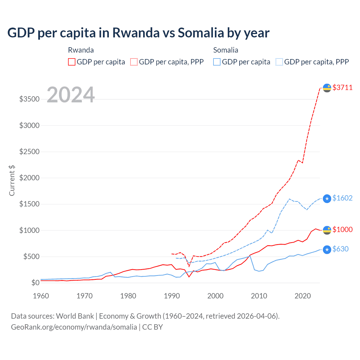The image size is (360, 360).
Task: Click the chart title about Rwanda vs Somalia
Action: pyautogui.click(x=138, y=33)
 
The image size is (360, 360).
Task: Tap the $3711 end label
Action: pyautogui.click(x=342, y=87)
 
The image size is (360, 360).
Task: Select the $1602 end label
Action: pyautogui.click(x=342, y=198)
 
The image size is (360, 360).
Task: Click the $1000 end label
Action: pyautogui.click(x=342, y=229)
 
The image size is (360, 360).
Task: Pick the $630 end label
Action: pyautogui.click(x=340, y=249)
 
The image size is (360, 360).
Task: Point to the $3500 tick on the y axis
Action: pyautogui.click(x=29, y=99)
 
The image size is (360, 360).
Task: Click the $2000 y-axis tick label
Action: pyautogui.click(x=29, y=178)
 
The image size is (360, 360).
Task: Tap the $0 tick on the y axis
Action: pyautogui.click(x=35, y=283)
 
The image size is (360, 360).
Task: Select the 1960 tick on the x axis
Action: pyautogui.click(x=41, y=296)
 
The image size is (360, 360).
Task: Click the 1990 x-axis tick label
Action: pyautogui.click(x=172, y=296)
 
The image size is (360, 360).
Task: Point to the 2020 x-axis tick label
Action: pyautogui.click(x=303, y=296)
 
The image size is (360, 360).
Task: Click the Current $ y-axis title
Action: pyautogui.click(x=12, y=181)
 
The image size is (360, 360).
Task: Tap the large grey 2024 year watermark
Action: pyautogui.click(x=71, y=95)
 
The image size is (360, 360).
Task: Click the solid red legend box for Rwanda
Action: pyautogui.click(x=72, y=62)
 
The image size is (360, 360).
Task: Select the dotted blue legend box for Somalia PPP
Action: pyautogui.click(x=279, y=62)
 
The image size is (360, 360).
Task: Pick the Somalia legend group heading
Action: pyautogui.click(x=226, y=50)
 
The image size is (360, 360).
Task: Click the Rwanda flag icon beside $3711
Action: pyautogui.click(x=327, y=88)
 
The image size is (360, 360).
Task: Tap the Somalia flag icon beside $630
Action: pyautogui.click(x=327, y=249)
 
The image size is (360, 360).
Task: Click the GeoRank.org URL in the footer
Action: pyautogui.click(x=74, y=327)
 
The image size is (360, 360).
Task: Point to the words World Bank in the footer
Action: pyautogui.click(x=75, y=316)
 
